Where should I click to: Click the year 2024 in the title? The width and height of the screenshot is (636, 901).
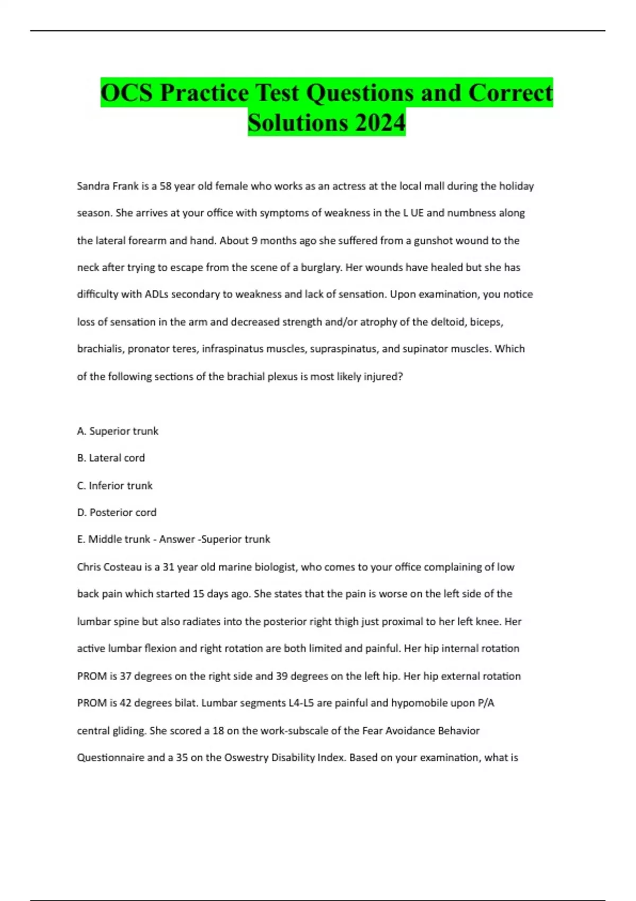coord(380,122)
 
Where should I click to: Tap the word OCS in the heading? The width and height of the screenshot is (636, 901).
coord(126,93)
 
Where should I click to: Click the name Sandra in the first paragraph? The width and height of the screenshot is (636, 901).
coord(93,186)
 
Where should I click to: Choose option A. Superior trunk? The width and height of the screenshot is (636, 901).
coord(118,431)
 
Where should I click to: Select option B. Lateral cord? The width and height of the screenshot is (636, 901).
coord(111,458)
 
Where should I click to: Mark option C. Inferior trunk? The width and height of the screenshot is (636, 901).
coord(115,485)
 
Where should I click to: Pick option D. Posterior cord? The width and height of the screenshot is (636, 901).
coord(117,513)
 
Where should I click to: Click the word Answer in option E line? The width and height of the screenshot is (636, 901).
coord(177,540)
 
